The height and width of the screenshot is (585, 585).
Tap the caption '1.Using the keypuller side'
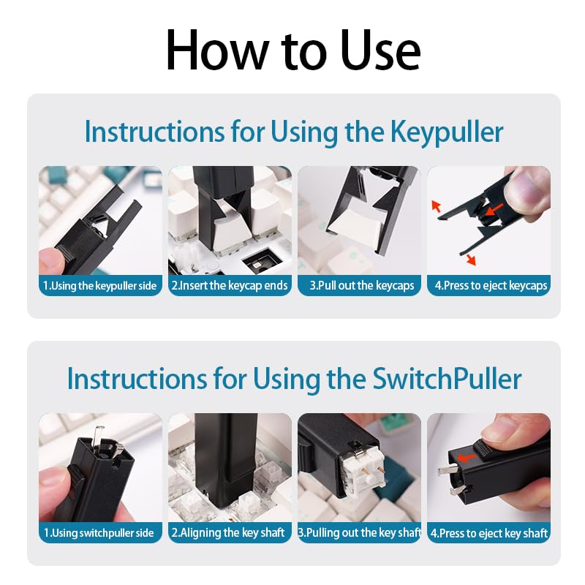[x=100, y=285]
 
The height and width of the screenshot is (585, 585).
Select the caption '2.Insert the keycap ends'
[x=230, y=285]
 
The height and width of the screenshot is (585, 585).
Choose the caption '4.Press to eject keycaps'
[x=488, y=285]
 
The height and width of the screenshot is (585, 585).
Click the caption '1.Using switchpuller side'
[x=100, y=532]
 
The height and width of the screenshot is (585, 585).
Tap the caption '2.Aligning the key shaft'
[x=230, y=532]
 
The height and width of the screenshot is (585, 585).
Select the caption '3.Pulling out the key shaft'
[x=359, y=532]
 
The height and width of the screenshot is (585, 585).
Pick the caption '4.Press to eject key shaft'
[x=488, y=532]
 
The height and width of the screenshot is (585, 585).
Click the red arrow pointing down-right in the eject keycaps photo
[x=469, y=259]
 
